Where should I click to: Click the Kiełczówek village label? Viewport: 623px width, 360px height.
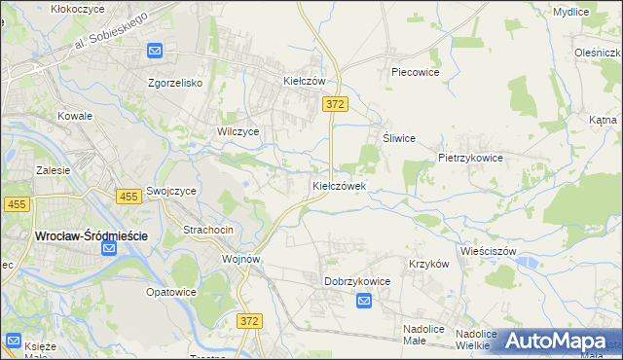click(339, 186)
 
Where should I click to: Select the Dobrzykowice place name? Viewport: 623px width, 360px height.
click(357, 281)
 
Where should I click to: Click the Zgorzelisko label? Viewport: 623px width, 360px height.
click(175, 83)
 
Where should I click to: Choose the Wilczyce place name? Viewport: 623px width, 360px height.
click(238, 131)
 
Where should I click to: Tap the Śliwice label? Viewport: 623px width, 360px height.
click(399, 138)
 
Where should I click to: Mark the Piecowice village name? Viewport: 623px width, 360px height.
click(416, 72)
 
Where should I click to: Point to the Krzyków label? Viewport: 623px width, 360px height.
click(428, 264)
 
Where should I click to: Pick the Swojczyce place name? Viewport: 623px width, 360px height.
click(171, 192)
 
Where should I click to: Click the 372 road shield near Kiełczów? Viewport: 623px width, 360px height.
click(336, 103)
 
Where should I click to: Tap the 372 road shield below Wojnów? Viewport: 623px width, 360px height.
click(250, 320)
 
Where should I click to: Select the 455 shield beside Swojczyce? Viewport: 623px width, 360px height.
click(128, 197)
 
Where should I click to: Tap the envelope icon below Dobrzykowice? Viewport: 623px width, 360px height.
click(363, 302)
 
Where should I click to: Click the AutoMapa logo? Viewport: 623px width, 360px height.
click(554, 341)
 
